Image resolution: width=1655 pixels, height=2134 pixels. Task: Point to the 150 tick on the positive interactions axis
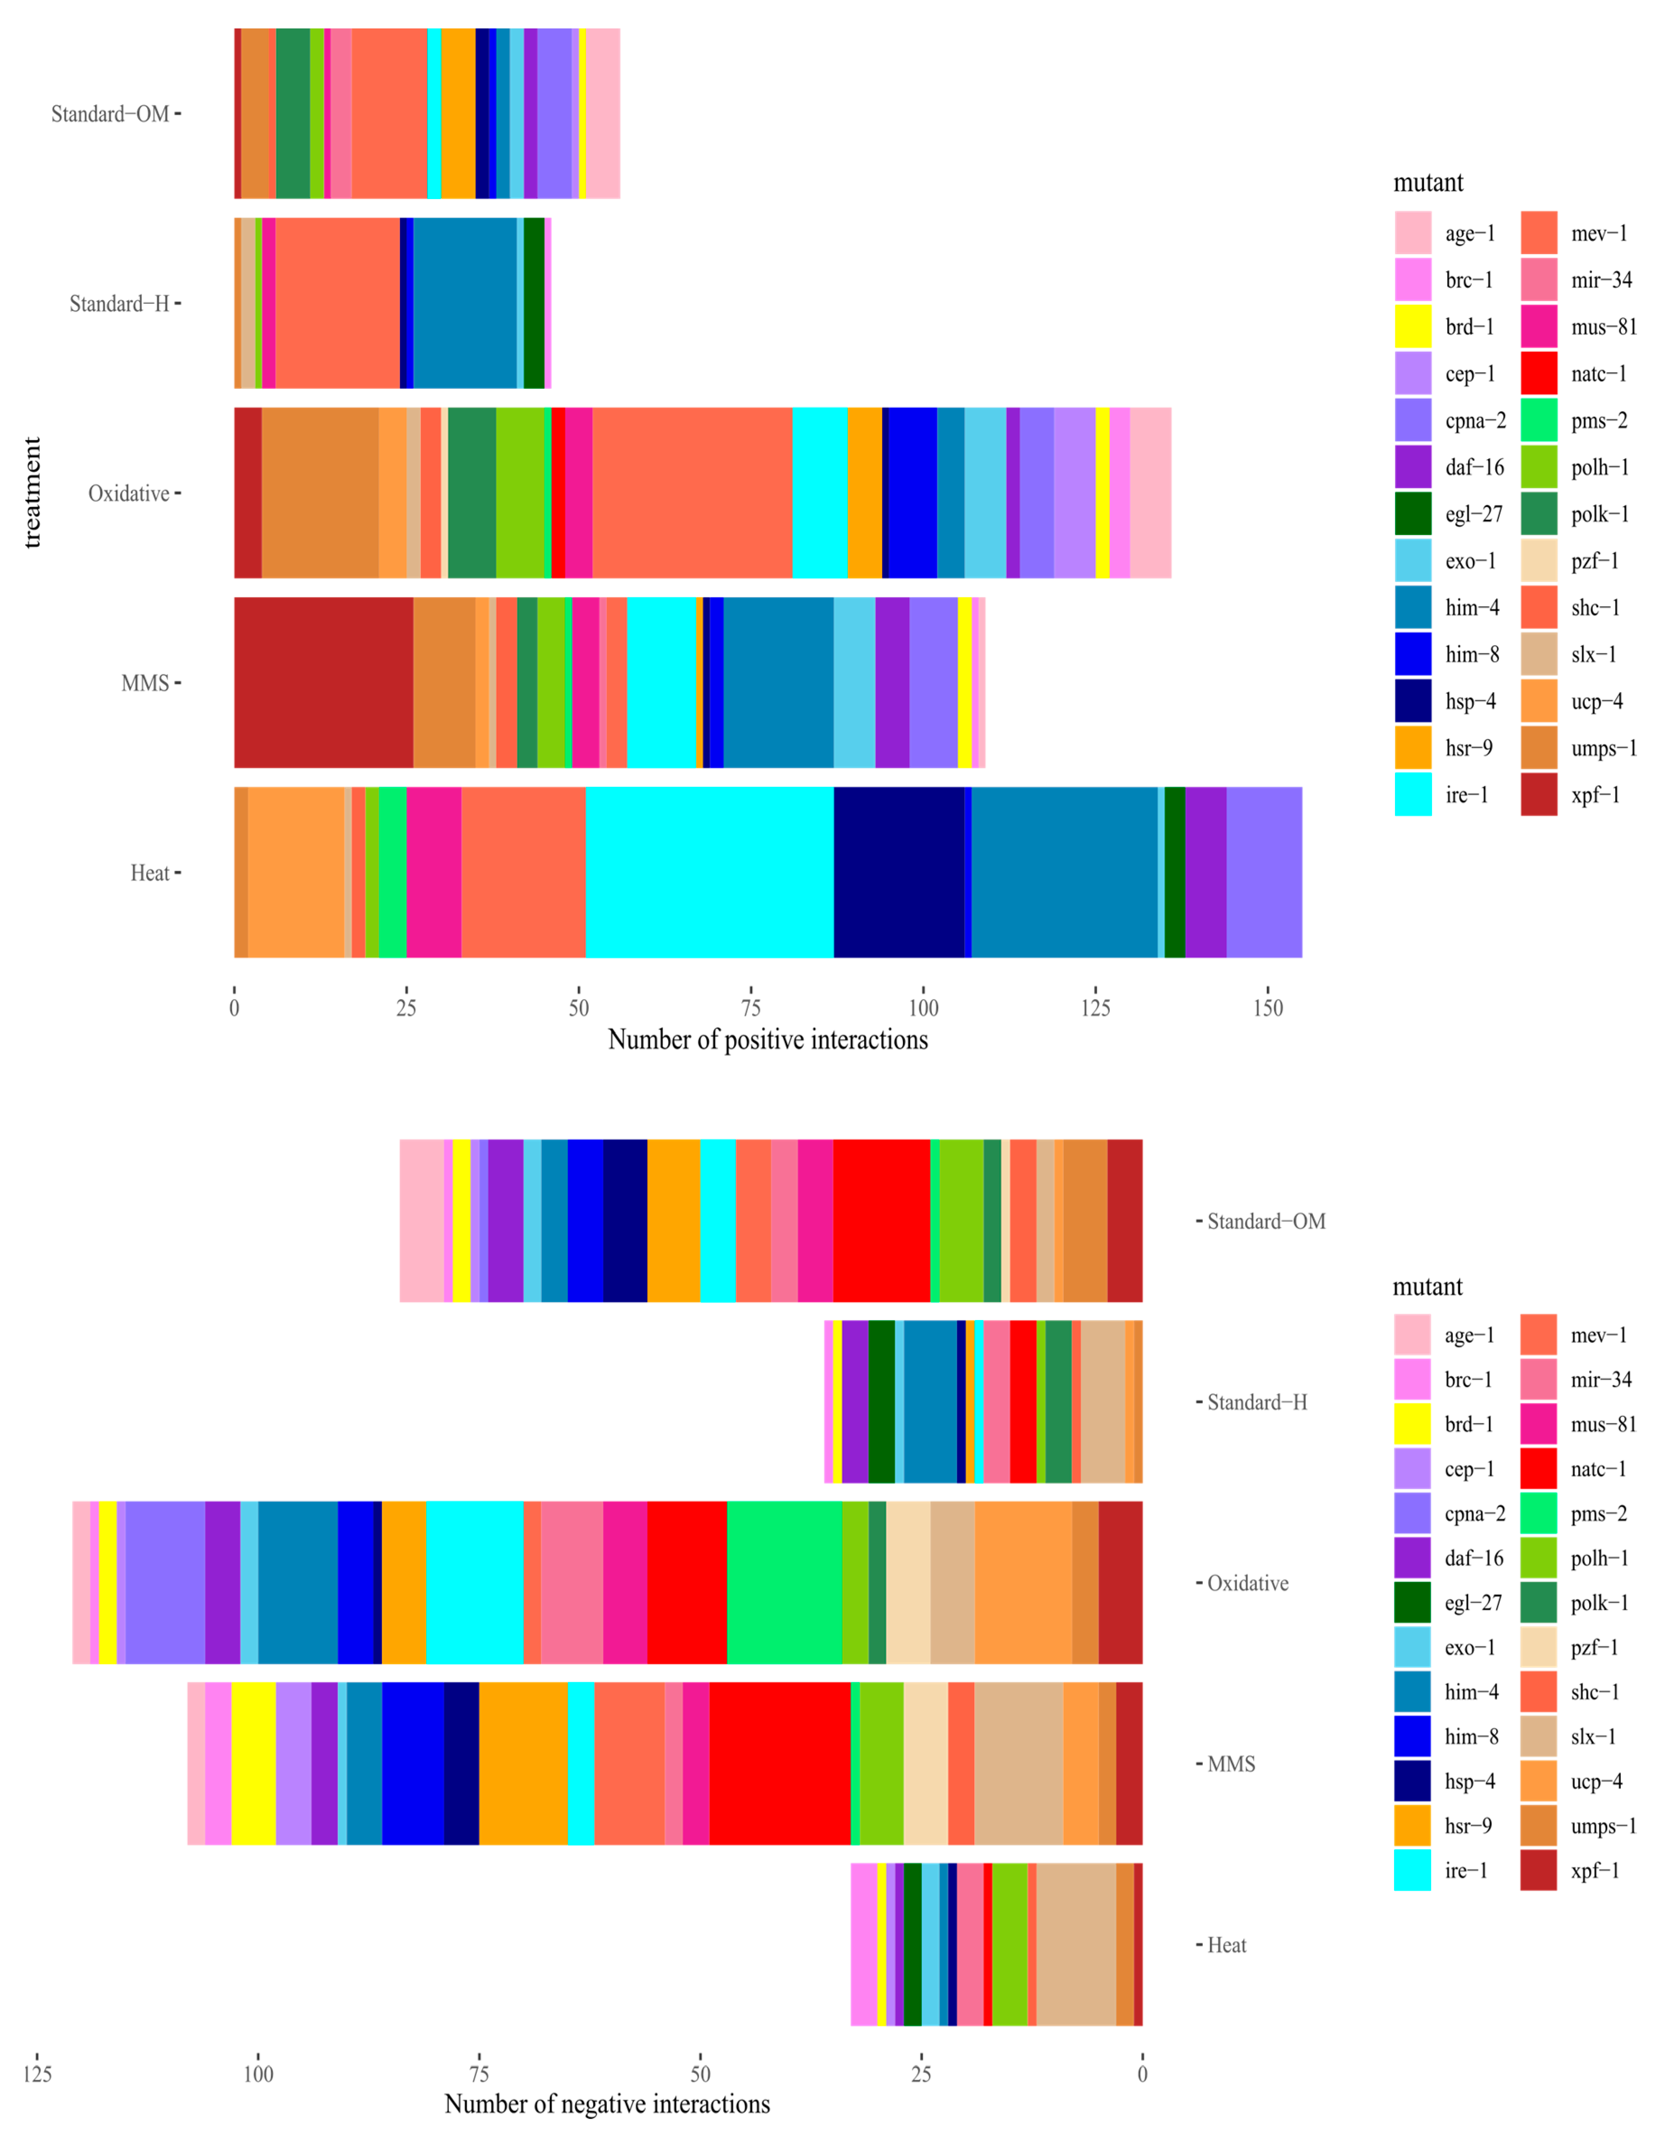click(1267, 1007)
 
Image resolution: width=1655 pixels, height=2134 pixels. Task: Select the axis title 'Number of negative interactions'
click(607, 2104)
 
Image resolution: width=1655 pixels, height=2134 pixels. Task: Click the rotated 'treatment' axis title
click(32, 493)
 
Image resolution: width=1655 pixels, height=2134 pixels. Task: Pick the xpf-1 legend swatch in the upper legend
click(1539, 795)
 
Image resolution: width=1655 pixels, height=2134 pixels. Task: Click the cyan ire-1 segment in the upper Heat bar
click(709, 872)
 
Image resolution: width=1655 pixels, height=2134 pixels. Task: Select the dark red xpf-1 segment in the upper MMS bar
click(323, 682)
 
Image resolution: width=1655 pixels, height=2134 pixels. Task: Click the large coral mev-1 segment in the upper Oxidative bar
click(692, 493)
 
